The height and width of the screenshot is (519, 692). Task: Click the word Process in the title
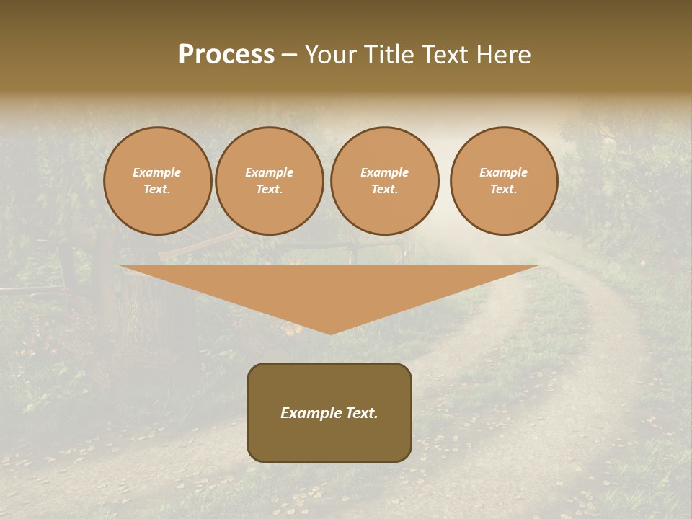click(x=226, y=55)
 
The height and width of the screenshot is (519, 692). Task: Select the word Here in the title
click(x=503, y=55)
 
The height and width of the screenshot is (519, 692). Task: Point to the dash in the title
click(x=289, y=56)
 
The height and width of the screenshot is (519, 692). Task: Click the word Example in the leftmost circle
click(x=157, y=172)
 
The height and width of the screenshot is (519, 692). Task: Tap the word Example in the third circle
click(x=385, y=172)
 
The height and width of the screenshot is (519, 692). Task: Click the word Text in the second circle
click(x=268, y=189)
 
